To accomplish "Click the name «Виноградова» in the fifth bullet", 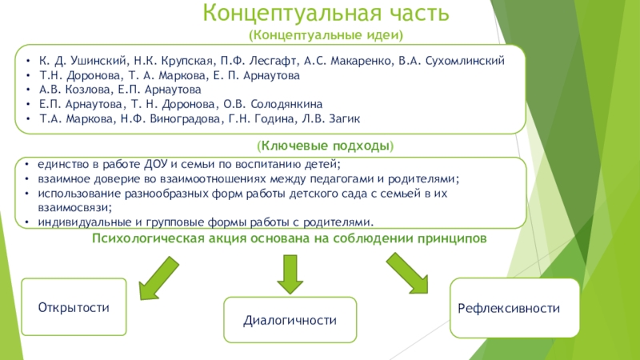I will coord(166,118).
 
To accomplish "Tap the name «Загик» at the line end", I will coord(346,118).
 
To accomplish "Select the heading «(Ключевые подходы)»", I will coord(325,147).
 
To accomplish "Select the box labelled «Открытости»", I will coord(74,307).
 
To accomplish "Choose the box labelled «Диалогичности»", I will coord(290,320).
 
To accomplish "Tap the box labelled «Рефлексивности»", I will coord(514,307).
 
